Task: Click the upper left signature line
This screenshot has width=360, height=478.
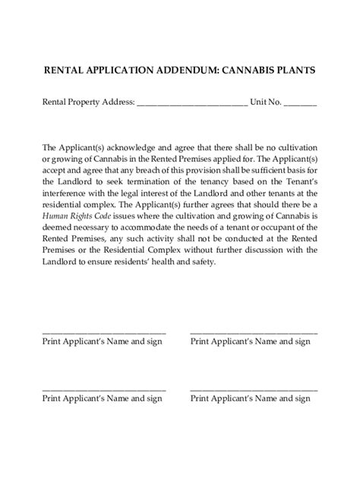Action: point(103,332)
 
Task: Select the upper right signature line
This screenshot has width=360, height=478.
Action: point(254,332)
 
